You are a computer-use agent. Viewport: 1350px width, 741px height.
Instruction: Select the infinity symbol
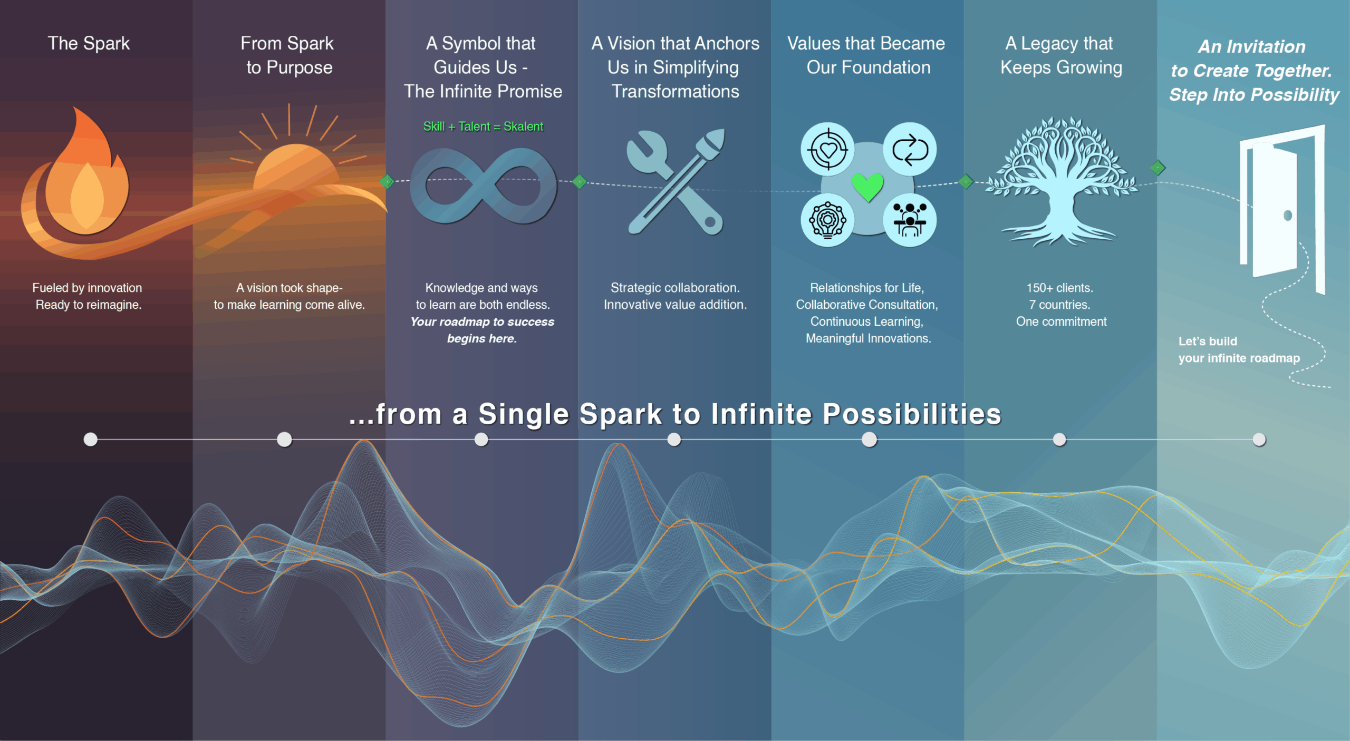coord(483,186)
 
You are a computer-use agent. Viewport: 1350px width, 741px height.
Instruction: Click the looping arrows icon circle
coord(910,149)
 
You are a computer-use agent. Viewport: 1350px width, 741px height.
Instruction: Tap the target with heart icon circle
coord(827,149)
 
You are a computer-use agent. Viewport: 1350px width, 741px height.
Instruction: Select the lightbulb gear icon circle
coord(827,220)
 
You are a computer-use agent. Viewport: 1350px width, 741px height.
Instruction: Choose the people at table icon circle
coord(910,220)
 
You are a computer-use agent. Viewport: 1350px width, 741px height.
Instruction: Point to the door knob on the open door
coord(1287,215)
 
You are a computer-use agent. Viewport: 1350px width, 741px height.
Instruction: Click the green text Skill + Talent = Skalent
coord(483,126)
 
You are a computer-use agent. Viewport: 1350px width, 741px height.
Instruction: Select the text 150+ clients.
coord(1060,288)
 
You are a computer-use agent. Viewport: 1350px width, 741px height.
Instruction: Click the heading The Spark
coord(89,43)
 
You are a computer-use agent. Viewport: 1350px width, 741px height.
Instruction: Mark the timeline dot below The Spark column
coord(91,439)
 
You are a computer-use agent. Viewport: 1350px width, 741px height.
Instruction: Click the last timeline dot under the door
coord(1259,440)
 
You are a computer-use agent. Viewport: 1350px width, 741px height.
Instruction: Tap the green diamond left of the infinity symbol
coord(387,182)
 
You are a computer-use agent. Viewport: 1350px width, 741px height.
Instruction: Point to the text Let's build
coord(1208,341)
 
